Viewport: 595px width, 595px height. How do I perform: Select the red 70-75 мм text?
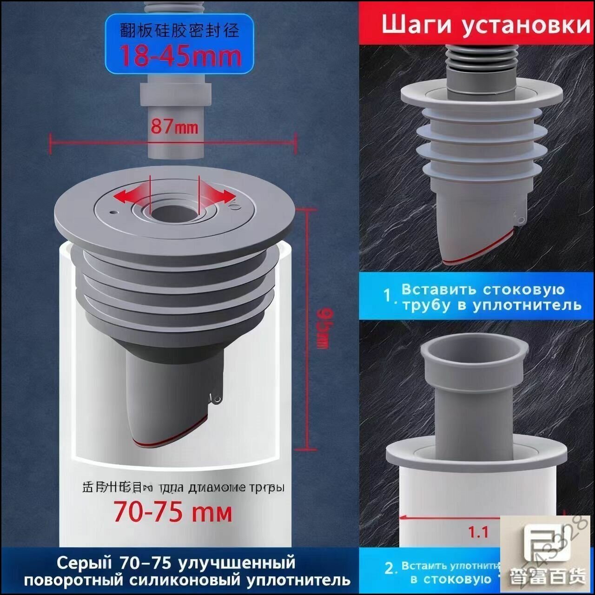tap(173, 512)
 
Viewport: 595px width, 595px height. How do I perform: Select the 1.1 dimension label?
tap(478, 531)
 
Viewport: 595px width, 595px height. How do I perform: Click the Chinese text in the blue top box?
tap(179, 30)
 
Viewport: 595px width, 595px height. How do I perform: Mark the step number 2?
tap(390, 568)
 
